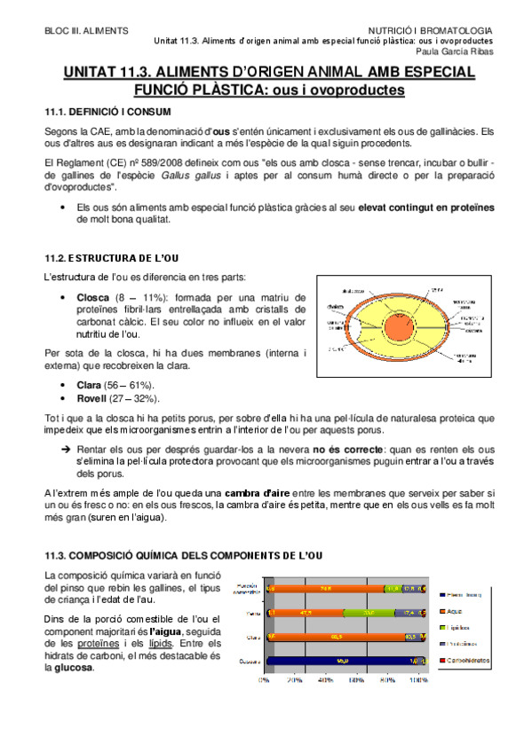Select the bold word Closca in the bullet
[x=93, y=297]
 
